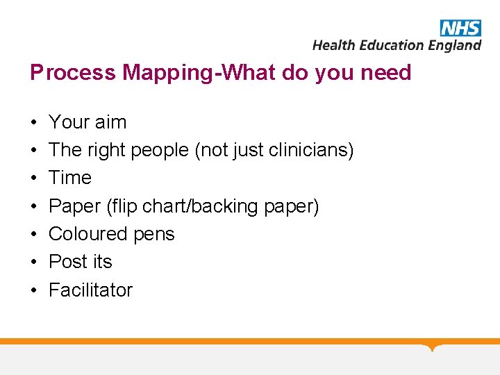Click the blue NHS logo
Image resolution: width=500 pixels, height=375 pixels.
click(460, 27)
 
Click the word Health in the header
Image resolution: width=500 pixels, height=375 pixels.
click(333, 45)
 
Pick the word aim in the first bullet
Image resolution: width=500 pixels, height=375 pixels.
click(110, 122)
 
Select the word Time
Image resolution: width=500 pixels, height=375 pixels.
click(70, 178)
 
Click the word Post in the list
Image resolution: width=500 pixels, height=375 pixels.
click(65, 262)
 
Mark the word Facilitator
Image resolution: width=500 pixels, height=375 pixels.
click(90, 290)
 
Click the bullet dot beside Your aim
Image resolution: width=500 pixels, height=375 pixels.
click(33, 123)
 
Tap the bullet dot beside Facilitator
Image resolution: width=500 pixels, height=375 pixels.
click(33, 290)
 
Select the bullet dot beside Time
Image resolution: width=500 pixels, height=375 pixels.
click(33, 178)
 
